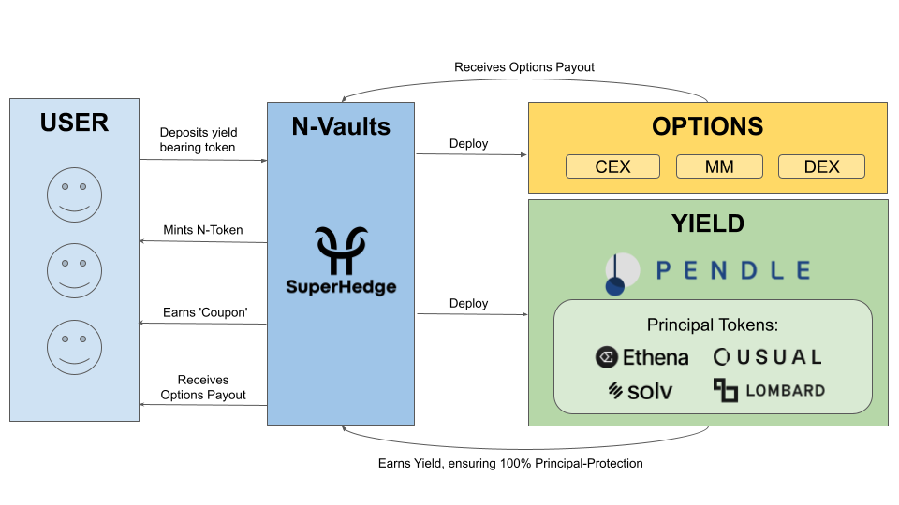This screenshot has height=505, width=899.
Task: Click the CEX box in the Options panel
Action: pos(612,166)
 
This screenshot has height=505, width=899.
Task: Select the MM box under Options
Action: pos(719,166)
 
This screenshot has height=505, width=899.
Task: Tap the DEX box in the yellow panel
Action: pos(821,166)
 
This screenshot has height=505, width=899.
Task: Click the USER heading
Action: pos(75,123)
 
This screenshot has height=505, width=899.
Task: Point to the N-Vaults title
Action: pos(341,126)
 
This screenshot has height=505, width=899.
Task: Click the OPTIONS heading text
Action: pos(708,126)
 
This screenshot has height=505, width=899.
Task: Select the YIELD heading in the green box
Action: pos(708,224)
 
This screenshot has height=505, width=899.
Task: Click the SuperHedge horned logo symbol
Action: pos(342,251)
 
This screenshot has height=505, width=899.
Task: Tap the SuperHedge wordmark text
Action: pos(341,287)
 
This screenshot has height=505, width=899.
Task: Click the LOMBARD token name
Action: pos(785,391)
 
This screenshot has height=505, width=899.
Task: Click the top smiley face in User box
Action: pos(75,195)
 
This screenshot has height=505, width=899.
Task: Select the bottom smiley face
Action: pos(75,348)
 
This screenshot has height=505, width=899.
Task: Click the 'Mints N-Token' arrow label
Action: pos(203,230)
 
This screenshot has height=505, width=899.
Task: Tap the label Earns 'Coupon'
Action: pos(205,312)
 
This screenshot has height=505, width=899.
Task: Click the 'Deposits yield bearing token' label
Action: pos(198,139)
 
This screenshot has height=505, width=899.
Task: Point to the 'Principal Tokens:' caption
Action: pos(713,325)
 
